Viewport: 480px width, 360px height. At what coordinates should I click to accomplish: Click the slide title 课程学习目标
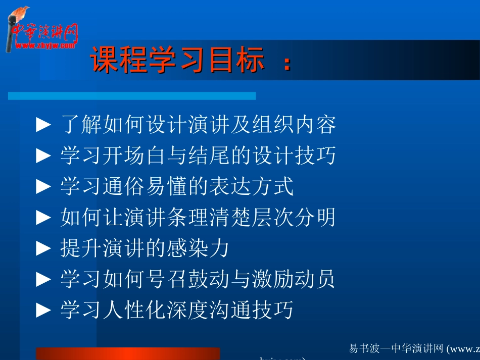coord(177,62)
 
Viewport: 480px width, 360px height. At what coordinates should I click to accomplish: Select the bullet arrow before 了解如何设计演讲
coord(44,125)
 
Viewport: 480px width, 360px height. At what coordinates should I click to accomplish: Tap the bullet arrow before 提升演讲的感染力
coord(44,249)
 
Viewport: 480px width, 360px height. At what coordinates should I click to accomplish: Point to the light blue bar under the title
coord(131,96)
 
